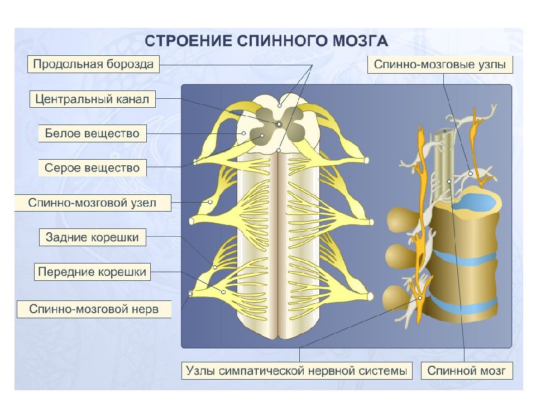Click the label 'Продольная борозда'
(93, 64)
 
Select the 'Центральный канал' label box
(92, 99)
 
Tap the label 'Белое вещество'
(92, 133)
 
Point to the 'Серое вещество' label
(92, 168)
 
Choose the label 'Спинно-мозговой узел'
(92, 203)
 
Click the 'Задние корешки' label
(92, 237)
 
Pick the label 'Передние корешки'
(92, 272)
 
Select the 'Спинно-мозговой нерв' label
(94, 309)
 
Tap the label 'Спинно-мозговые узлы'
(440, 64)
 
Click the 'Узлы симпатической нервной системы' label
(296, 371)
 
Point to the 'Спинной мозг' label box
(467, 371)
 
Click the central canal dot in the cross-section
(279, 124)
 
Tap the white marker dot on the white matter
(244, 133)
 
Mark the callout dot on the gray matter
(262, 136)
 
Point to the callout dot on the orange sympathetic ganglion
(420, 298)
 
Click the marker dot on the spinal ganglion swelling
(210, 202)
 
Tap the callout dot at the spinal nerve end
(190, 293)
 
